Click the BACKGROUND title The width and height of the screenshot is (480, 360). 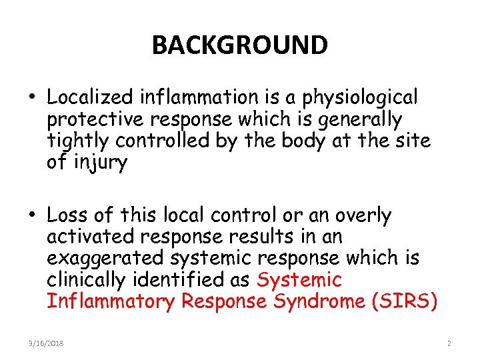tap(240, 45)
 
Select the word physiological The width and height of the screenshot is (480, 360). tap(361, 98)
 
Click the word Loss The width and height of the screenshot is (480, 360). tap(69, 215)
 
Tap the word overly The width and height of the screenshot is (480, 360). tap(363, 215)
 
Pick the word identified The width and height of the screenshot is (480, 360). tap(173, 280)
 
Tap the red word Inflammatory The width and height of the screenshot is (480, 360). tap(111, 302)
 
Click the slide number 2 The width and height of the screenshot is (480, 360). tap(449, 343)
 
